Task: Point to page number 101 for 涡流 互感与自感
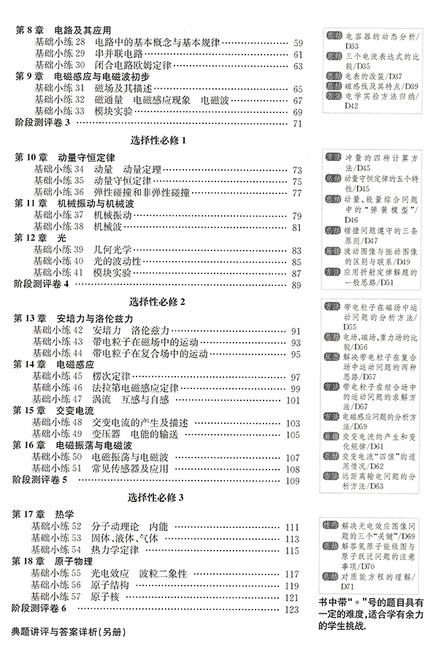click(294, 400)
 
